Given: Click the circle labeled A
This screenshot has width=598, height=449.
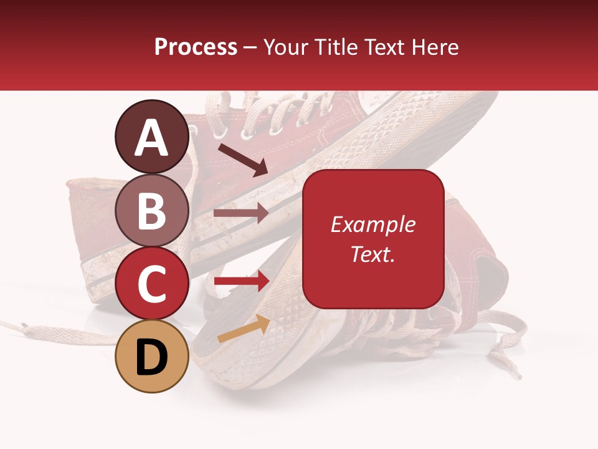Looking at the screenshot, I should pyautogui.click(x=151, y=137).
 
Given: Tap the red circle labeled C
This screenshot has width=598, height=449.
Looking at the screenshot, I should pyautogui.click(x=151, y=283).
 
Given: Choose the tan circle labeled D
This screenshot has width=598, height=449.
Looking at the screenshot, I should pyautogui.click(x=151, y=356).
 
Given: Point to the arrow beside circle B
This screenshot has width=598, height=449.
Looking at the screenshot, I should pyautogui.click(x=241, y=213).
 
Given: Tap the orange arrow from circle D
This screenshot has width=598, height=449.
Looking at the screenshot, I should pyautogui.click(x=244, y=329).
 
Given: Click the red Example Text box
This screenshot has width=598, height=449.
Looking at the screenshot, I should pyautogui.click(x=373, y=239).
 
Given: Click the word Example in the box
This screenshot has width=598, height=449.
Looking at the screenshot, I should pyautogui.click(x=373, y=224).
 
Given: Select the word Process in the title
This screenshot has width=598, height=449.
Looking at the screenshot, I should pyautogui.click(x=196, y=47).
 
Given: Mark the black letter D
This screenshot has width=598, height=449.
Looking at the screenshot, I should pyautogui.click(x=151, y=357).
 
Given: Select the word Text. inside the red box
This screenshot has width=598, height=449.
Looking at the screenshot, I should pyautogui.click(x=373, y=254).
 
